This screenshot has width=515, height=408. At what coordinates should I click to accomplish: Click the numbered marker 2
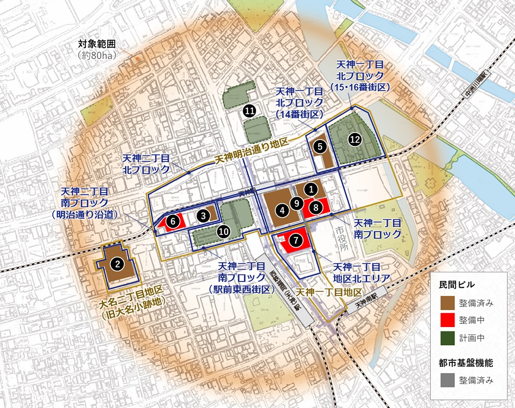116,263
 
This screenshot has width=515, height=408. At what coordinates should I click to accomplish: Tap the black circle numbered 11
249,110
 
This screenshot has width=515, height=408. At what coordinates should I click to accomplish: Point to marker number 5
320,145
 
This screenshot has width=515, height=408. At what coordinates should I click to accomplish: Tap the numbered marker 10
224,231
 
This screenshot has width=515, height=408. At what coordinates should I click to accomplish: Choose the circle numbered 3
203,215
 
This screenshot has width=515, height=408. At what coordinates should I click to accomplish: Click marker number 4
282,210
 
